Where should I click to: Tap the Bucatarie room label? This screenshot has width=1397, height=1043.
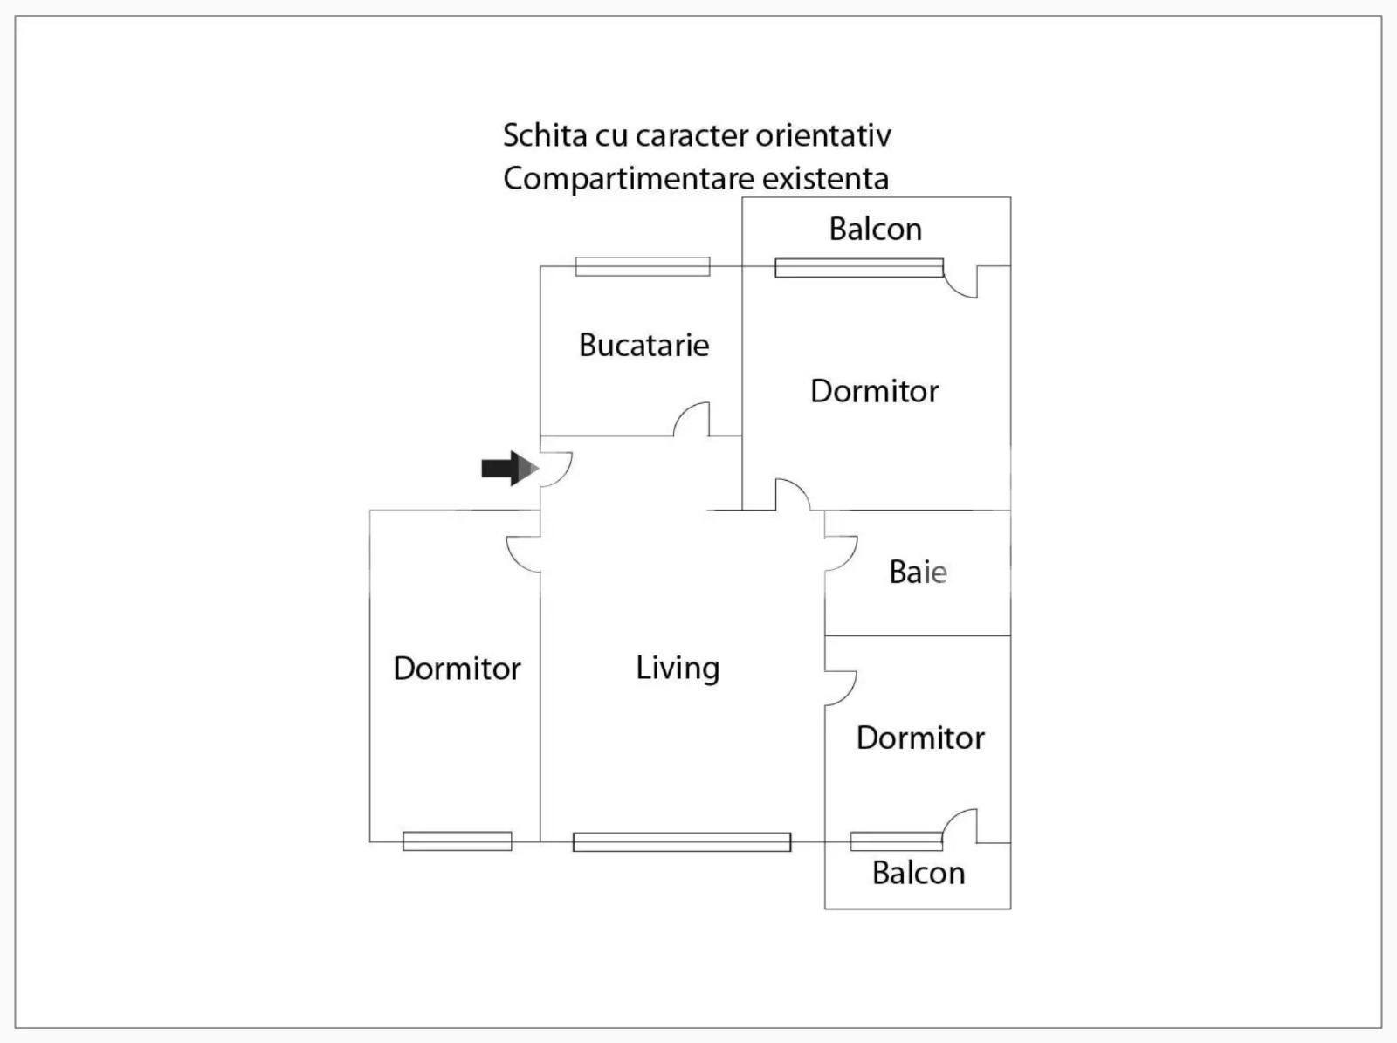[643, 345]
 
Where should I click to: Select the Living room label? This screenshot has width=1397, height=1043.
[678, 668]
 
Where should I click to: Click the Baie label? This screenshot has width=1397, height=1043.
[918, 573]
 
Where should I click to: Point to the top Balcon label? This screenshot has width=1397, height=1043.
[875, 229]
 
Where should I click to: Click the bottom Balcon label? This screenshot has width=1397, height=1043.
[919, 873]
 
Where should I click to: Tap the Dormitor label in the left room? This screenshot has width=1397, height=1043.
[457, 669]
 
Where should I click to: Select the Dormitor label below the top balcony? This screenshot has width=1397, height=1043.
[874, 391]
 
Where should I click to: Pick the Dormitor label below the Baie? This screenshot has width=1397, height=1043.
[920, 738]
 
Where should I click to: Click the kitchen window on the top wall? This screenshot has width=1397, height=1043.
[643, 266]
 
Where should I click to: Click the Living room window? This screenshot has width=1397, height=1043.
[682, 841]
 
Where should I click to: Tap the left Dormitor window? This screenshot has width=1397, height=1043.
[457, 841]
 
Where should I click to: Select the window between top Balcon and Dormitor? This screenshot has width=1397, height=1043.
[859, 268]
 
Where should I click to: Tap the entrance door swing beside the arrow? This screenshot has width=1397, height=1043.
[556, 469]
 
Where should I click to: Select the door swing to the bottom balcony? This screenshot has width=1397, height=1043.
[960, 826]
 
